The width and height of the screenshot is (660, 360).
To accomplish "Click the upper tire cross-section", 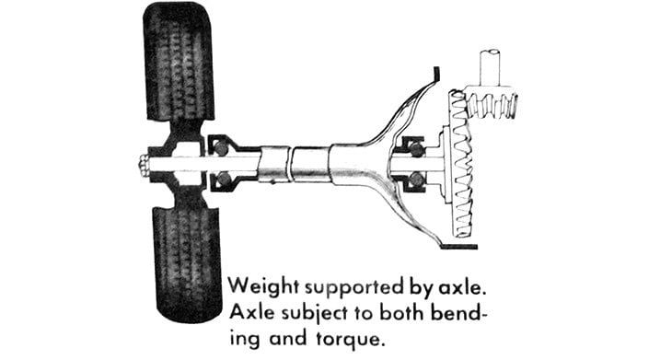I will [x=180, y=64].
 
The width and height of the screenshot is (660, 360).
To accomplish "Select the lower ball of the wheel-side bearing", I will [x=222, y=181].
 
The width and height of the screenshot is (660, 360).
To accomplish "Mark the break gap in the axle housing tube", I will [x=288, y=167].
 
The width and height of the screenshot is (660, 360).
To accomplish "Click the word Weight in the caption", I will [x=265, y=283].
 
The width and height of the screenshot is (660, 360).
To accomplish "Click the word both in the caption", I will [x=395, y=311].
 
